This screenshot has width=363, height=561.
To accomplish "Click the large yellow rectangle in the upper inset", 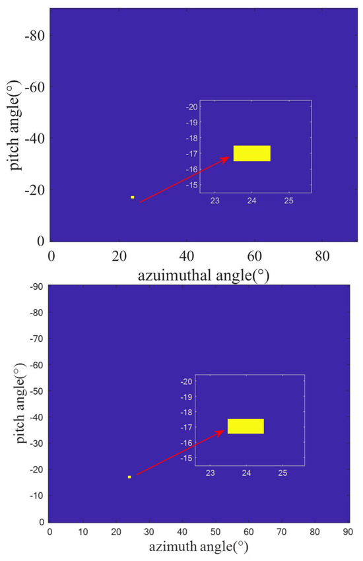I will click(x=251, y=153).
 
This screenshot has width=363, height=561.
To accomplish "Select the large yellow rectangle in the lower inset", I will click(x=246, y=426).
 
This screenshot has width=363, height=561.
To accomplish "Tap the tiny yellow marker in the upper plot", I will click(x=133, y=197).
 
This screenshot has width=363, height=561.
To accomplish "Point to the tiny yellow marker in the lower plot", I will click(x=129, y=477).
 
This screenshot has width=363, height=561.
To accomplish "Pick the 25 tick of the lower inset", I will click(x=282, y=473).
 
